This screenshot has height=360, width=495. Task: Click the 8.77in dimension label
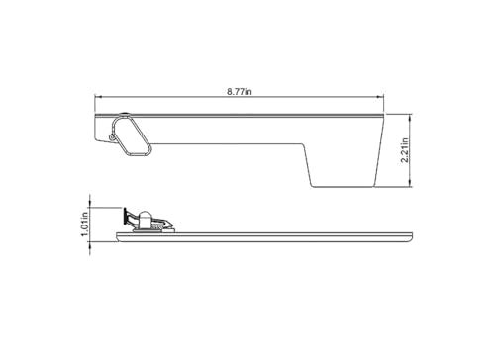239,90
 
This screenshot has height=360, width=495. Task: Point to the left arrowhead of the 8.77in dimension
97,97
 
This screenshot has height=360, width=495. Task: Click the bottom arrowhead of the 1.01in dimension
92,235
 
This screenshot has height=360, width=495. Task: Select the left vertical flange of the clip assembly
124,217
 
